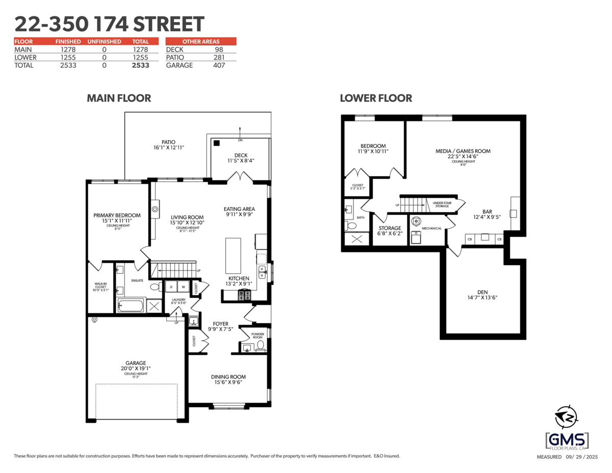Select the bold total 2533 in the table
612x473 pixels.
click(x=140, y=65)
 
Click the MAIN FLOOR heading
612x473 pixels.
click(x=119, y=98)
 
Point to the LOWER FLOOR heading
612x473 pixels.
click(x=376, y=98)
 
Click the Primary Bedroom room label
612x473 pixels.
click(x=117, y=215)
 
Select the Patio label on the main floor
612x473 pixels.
click(x=168, y=142)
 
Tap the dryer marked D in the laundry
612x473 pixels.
click(x=170, y=287)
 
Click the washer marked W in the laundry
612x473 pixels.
click(x=183, y=287)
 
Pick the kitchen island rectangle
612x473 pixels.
click(x=233, y=256)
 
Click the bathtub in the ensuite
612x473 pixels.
click(x=131, y=306)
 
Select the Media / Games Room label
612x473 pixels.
click(x=463, y=151)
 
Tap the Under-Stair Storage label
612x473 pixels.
click(x=441, y=204)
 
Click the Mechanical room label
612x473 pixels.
click(x=432, y=228)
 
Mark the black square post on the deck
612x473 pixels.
click(x=217, y=143)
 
